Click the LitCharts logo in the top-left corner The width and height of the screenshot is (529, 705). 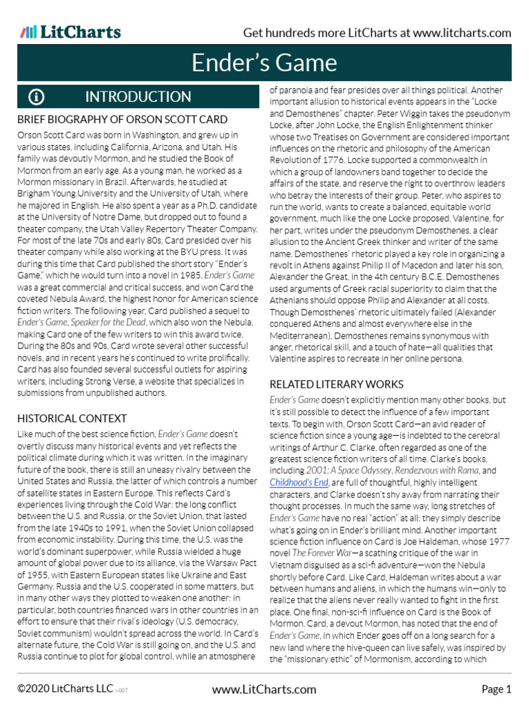point(70,32)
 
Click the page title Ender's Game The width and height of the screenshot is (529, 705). point(264,63)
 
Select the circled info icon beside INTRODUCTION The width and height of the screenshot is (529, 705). point(37,97)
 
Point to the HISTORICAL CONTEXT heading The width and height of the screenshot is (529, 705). point(72,419)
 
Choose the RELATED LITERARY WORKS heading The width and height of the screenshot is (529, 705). point(336,383)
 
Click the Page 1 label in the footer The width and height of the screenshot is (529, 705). point(496,688)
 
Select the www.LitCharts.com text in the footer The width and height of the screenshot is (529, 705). point(264,688)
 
